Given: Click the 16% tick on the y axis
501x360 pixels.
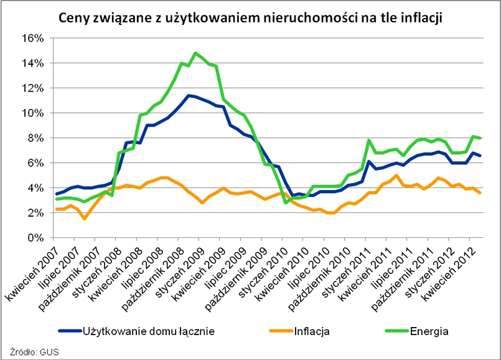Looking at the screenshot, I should coord(32,38).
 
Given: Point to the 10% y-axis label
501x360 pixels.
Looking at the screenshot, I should coord(32,113).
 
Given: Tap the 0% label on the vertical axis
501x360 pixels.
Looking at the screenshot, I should coord(34,238).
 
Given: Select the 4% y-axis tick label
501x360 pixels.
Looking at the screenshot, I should coord(34,187).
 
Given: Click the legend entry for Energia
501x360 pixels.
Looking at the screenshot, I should coord(428,331).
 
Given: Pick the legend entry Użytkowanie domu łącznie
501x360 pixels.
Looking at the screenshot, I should coord(148,331).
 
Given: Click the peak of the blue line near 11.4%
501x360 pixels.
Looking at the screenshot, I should coord(188,95).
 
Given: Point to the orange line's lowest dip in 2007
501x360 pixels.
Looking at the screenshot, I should coord(85,219).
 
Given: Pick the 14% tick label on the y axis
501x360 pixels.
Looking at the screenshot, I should coord(32,63).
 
